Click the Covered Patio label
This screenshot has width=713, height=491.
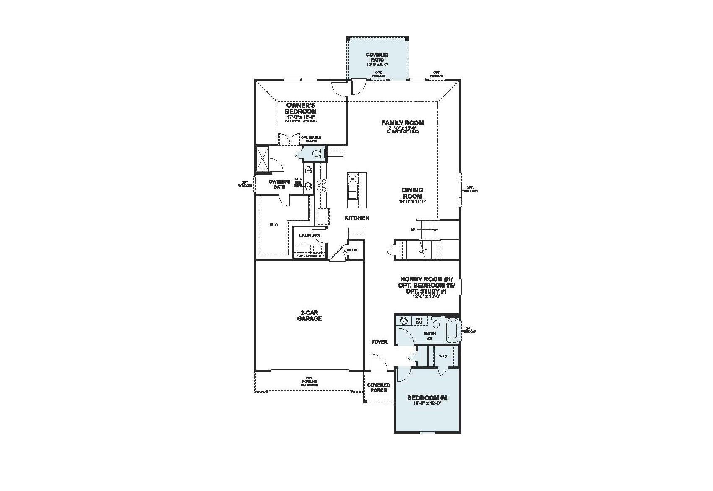tap(377, 57)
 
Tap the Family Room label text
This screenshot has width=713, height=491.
tap(402, 123)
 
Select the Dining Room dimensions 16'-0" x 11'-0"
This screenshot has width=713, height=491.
tap(412, 202)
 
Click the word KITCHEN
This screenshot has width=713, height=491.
tap(356, 218)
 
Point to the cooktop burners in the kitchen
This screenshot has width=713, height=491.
tap(321, 185)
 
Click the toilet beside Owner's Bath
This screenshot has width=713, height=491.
tap(317, 154)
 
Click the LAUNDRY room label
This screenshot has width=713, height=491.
tap(310, 236)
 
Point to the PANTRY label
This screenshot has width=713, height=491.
tap(351, 250)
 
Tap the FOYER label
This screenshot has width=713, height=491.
tap(380, 342)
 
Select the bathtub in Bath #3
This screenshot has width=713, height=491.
tap(452, 331)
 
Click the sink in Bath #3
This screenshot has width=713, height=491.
tap(403, 320)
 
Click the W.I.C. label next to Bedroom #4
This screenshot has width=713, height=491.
tap(443, 356)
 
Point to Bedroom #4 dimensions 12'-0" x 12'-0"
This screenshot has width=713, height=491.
tap(427, 404)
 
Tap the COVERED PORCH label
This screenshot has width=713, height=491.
tap(378, 387)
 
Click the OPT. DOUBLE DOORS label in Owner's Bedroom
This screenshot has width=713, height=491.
tap(311, 139)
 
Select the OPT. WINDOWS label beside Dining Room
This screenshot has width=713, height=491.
tap(470, 189)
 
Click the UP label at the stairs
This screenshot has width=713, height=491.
tap(413, 229)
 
